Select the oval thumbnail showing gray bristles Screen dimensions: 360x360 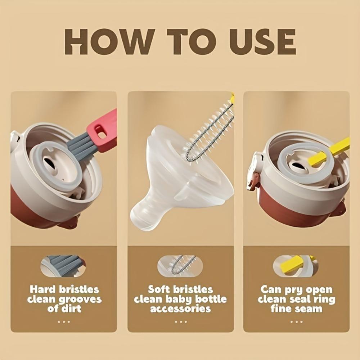(63, 266)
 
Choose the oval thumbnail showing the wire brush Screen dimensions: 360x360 (180, 266)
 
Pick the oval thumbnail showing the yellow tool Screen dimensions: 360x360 (295, 266)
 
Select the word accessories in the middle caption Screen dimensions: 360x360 (180, 309)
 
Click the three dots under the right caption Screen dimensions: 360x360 (296, 321)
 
